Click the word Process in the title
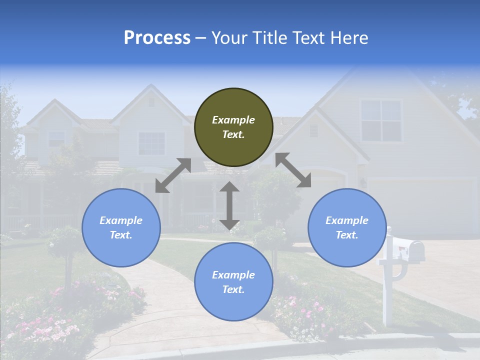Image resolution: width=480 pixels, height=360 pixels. tap(157, 38)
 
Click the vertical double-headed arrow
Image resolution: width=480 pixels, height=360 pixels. tap(229, 205)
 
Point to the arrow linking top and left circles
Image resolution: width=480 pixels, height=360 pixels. tap(173, 175)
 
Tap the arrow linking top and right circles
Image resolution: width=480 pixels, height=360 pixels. tap(293, 170)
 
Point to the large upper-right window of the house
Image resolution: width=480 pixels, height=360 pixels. tap(381, 120)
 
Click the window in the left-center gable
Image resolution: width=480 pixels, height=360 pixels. tap(151, 143)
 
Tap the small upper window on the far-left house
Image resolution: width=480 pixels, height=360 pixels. tap(56, 138)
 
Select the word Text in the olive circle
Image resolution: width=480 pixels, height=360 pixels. tap(233, 134)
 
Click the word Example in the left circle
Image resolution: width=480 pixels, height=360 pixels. tap(121, 220)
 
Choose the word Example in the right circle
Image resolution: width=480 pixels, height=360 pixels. tap(347, 220)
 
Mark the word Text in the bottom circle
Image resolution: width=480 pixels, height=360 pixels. tap(233, 289)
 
